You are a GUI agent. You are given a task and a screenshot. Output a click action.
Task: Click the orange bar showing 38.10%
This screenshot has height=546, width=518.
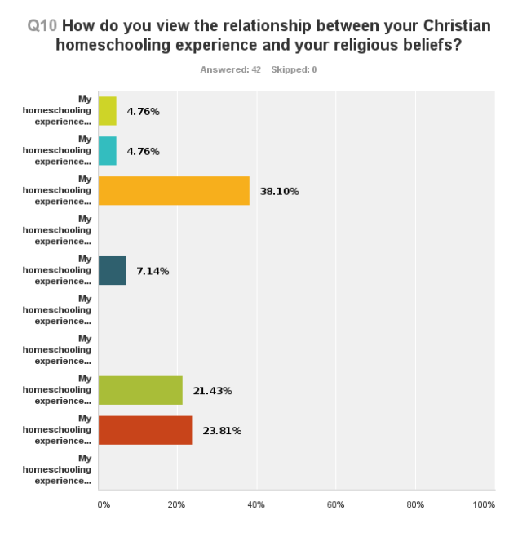(174, 191)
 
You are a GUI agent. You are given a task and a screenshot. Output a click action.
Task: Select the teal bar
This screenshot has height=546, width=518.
(108, 151)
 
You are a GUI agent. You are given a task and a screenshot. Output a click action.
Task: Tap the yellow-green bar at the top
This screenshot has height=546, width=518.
(108, 111)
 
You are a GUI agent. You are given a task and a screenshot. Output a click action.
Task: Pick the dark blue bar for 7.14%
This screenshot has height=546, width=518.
(113, 271)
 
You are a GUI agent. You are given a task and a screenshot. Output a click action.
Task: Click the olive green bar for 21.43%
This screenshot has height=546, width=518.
(140, 391)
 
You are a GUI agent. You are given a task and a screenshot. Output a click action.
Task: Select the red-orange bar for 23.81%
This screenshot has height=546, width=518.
(145, 430)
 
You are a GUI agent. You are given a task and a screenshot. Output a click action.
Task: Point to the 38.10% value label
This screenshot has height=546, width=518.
(279, 192)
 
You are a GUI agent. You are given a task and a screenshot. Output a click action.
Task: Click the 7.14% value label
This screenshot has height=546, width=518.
(153, 271)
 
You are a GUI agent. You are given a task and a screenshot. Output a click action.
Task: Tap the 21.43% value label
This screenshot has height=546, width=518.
(212, 391)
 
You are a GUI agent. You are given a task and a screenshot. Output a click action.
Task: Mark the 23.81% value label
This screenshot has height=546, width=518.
(222, 431)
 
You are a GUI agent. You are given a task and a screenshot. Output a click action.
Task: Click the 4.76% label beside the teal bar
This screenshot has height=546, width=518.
(143, 151)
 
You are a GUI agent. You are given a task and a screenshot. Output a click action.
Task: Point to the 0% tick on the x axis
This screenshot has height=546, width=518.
(104, 505)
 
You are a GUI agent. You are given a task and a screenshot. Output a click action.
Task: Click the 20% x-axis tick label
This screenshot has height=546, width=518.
(177, 505)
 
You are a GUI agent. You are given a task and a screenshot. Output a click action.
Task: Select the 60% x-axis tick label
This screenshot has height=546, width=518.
(335, 505)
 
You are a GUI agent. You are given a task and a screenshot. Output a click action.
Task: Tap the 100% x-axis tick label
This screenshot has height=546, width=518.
(483, 505)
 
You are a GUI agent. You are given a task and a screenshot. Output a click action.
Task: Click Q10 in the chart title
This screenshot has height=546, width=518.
(42, 25)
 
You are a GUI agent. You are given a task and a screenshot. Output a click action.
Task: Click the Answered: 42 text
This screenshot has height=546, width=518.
(230, 69)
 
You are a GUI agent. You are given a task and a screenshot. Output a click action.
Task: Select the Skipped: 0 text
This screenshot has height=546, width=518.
(294, 69)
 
